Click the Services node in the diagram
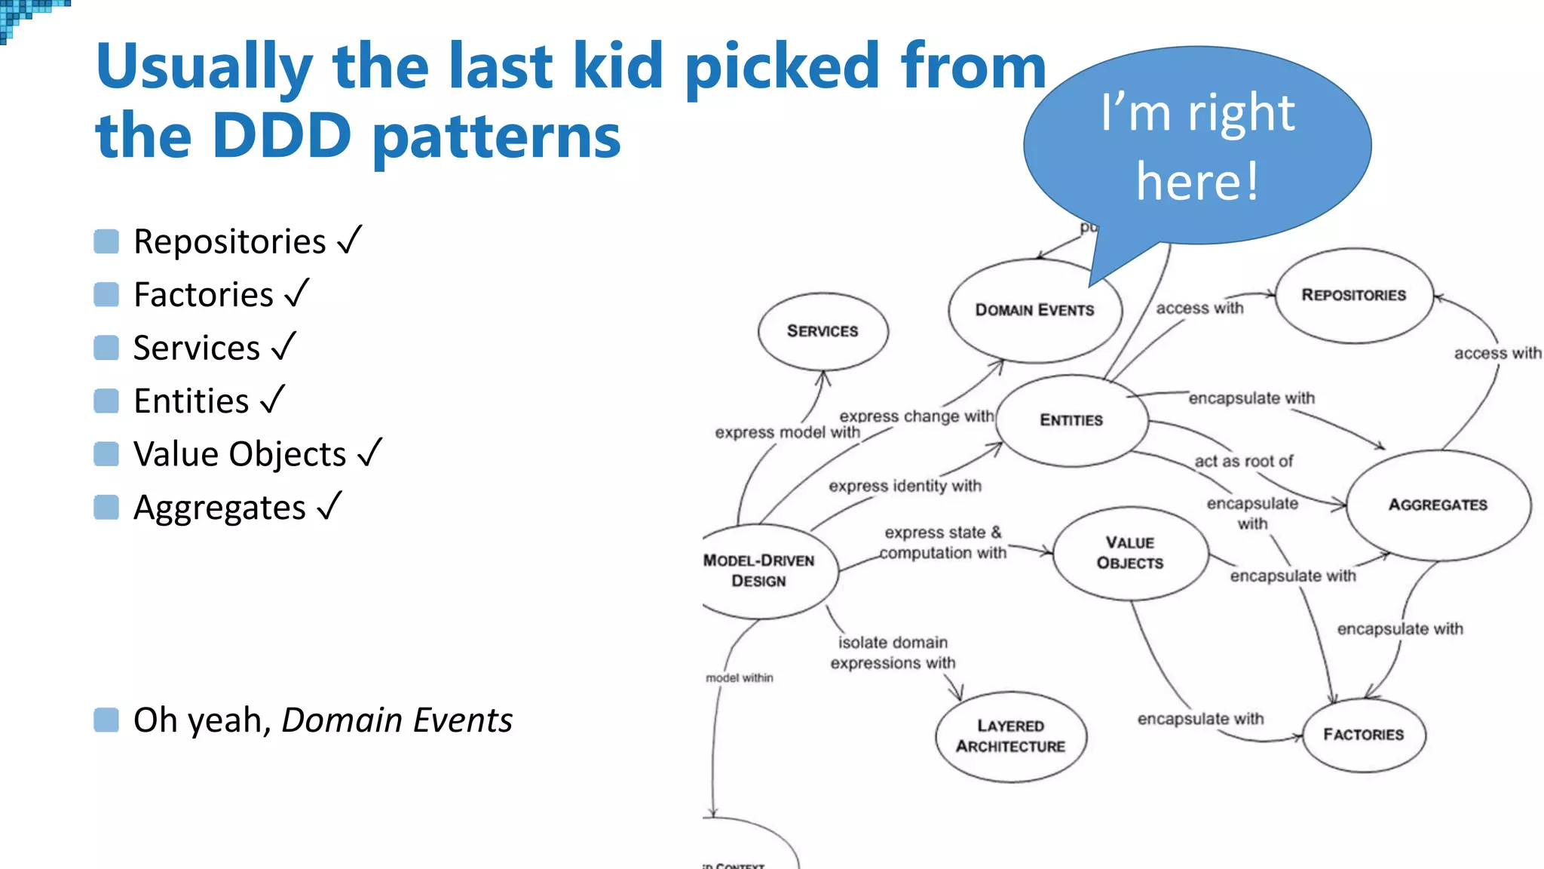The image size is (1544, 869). click(x=823, y=331)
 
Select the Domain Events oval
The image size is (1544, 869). click(x=1034, y=310)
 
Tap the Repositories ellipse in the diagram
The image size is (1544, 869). click(x=1353, y=295)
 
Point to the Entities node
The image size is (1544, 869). click(x=1071, y=420)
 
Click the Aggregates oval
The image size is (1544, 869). click(x=1438, y=505)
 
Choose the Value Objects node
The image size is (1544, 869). click(x=1130, y=553)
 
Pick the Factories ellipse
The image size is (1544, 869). click(x=1363, y=735)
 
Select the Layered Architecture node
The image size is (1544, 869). click(x=1010, y=736)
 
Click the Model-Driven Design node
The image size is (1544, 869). click(x=761, y=571)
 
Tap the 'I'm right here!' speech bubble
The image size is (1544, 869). click(x=1197, y=147)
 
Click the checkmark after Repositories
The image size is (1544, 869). click(x=350, y=241)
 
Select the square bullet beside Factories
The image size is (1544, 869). click(x=106, y=294)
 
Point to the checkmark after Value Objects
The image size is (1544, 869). click(x=369, y=453)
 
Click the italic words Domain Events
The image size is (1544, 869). click(x=397, y=720)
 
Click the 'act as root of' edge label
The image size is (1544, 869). click(x=1243, y=461)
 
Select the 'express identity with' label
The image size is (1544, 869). click(x=905, y=486)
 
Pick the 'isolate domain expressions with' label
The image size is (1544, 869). click(x=893, y=653)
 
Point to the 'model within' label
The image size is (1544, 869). click(x=739, y=677)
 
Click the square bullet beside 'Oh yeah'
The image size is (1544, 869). click(x=106, y=720)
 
